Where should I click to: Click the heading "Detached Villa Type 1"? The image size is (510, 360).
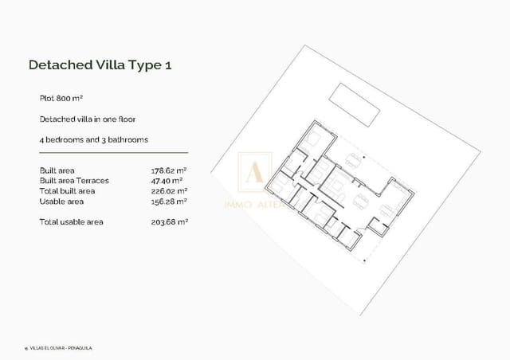(x=100, y=65)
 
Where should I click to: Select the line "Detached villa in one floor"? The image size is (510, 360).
(x=88, y=119)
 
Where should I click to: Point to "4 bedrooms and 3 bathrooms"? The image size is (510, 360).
(x=93, y=139)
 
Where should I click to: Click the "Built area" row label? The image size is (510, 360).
(x=58, y=170)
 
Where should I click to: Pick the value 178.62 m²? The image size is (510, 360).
(x=169, y=170)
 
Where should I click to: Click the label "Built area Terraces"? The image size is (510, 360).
(x=73, y=181)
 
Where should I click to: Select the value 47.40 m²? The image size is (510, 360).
(x=168, y=181)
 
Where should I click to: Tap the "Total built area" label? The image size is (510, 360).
(x=67, y=191)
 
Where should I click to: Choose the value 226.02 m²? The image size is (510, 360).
(x=169, y=191)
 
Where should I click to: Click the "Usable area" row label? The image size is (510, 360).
(x=60, y=202)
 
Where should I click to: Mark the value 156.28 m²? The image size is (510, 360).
(x=169, y=202)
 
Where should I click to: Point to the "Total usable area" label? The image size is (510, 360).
(x=71, y=221)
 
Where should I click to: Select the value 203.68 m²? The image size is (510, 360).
(x=169, y=221)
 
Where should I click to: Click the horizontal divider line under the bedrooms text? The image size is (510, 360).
(x=113, y=152)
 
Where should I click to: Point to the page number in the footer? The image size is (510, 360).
(x=26, y=348)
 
